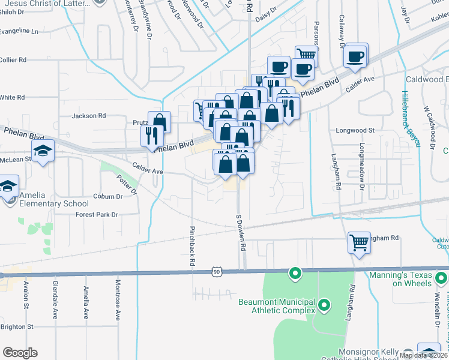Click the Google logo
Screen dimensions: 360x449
20,353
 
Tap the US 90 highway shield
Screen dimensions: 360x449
216,272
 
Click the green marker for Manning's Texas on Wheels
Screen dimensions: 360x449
441,278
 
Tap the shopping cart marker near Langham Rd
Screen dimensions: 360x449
359,243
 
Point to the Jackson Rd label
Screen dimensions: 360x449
89,115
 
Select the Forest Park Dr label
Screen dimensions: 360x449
97,214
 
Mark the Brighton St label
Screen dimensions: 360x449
17,326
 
